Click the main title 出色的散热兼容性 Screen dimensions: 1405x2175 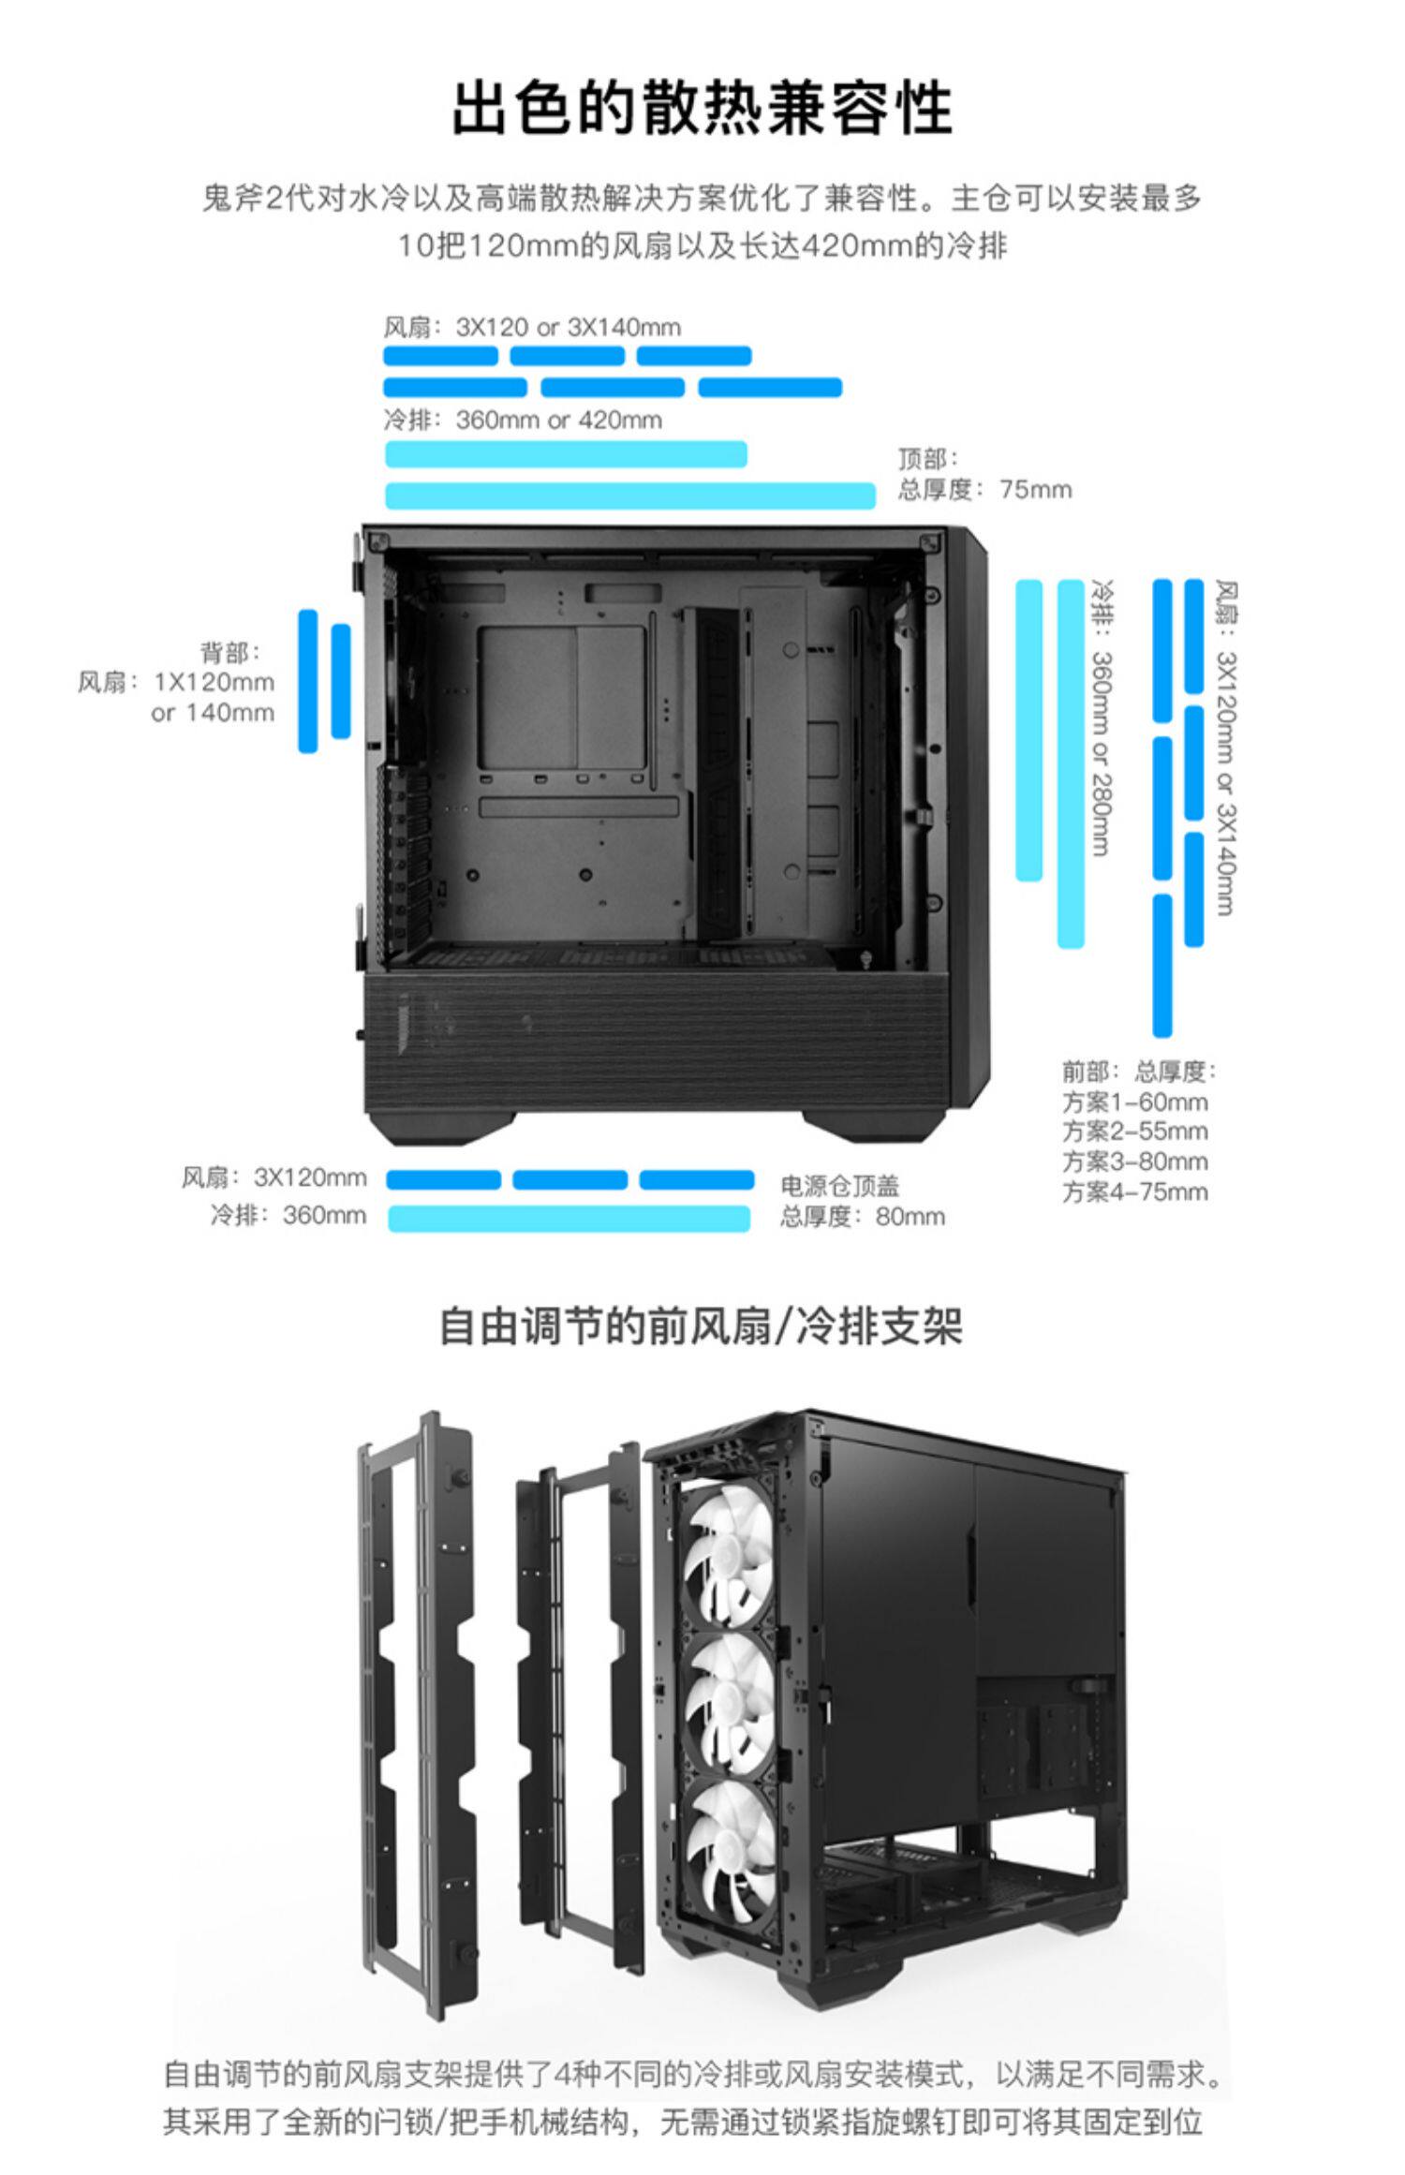coord(702,109)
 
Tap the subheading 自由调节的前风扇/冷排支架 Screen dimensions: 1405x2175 coord(701,1326)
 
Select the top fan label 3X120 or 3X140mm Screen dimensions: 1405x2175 coord(568,327)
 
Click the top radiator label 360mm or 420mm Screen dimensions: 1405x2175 coord(558,420)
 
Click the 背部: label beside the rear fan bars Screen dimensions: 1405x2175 coord(230,652)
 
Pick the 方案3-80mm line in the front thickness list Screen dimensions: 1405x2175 coord(1134,1161)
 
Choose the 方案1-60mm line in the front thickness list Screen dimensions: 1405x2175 coord(1134,1102)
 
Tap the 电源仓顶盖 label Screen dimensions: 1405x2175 coord(839,1186)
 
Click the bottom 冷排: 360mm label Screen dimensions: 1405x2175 coord(288,1215)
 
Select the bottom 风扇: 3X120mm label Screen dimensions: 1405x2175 coord(274,1177)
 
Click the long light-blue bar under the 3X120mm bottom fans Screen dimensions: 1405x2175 coord(569,1218)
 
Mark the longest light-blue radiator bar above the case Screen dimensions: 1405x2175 coord(629,496)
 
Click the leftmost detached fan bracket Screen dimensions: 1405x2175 coord(417,1714)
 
